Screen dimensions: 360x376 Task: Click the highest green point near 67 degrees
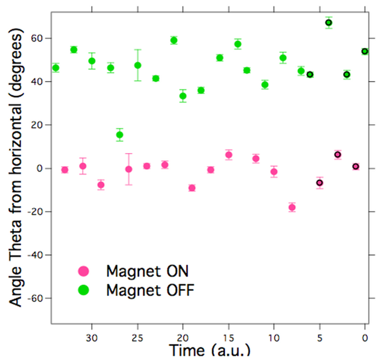pos(329,23)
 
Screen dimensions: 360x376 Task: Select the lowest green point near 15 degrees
pos(119,135)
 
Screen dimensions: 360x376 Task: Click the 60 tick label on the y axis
pos(40,38)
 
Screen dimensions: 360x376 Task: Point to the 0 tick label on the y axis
pos(43,169)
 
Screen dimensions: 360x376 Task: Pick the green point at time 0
pos(365,52)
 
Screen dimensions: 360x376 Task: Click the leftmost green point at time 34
pos(56,68)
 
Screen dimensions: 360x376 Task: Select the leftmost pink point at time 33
pos(65,170)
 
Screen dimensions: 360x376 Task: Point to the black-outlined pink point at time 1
pos(356,166)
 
